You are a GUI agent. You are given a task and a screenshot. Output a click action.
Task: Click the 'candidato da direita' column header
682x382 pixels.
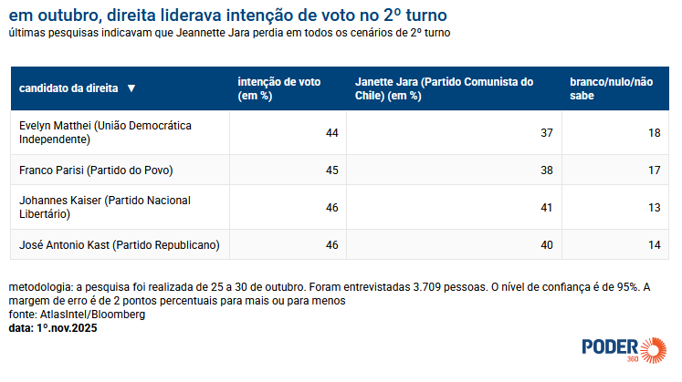click(x=68, y=88)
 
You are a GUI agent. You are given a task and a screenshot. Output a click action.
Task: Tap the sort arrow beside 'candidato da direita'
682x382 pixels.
click(x=131, y=88)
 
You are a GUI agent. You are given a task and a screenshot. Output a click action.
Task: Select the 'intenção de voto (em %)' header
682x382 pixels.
click(x=278, y=88)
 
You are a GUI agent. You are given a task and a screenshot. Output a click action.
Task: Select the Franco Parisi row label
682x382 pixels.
click(x=96, y=170)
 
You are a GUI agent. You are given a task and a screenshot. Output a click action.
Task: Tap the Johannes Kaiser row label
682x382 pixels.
click(x=106, y=206)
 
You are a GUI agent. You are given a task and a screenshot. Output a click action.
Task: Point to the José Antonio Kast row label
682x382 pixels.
click(x=119, y=243)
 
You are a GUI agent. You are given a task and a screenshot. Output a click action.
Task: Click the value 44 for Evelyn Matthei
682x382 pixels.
click(x=331, y=133)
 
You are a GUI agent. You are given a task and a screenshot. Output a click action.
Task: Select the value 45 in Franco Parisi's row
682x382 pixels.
click(x=331, y=170)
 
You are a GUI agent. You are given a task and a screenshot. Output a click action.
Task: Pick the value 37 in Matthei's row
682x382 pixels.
click(x=547, y=133)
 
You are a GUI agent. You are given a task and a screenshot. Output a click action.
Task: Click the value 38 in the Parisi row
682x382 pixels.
click(x=547, y=170)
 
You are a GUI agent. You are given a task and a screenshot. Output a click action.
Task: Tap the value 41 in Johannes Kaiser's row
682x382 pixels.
click(x=547, y=207)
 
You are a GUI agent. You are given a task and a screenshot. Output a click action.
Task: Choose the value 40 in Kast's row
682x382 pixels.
click(x=547, y=243)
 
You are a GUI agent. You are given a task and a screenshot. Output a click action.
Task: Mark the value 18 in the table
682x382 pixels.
click(x=654, y=133)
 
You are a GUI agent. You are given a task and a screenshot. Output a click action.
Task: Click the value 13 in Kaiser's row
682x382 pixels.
click(x=654, y=207)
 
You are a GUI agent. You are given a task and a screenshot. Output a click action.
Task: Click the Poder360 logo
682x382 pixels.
click(x=624, y=347)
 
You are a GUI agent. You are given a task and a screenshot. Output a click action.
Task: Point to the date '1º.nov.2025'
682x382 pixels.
click(x=67, y=327)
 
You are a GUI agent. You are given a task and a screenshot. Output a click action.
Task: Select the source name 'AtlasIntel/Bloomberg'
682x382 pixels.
click(x=92, y=315)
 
